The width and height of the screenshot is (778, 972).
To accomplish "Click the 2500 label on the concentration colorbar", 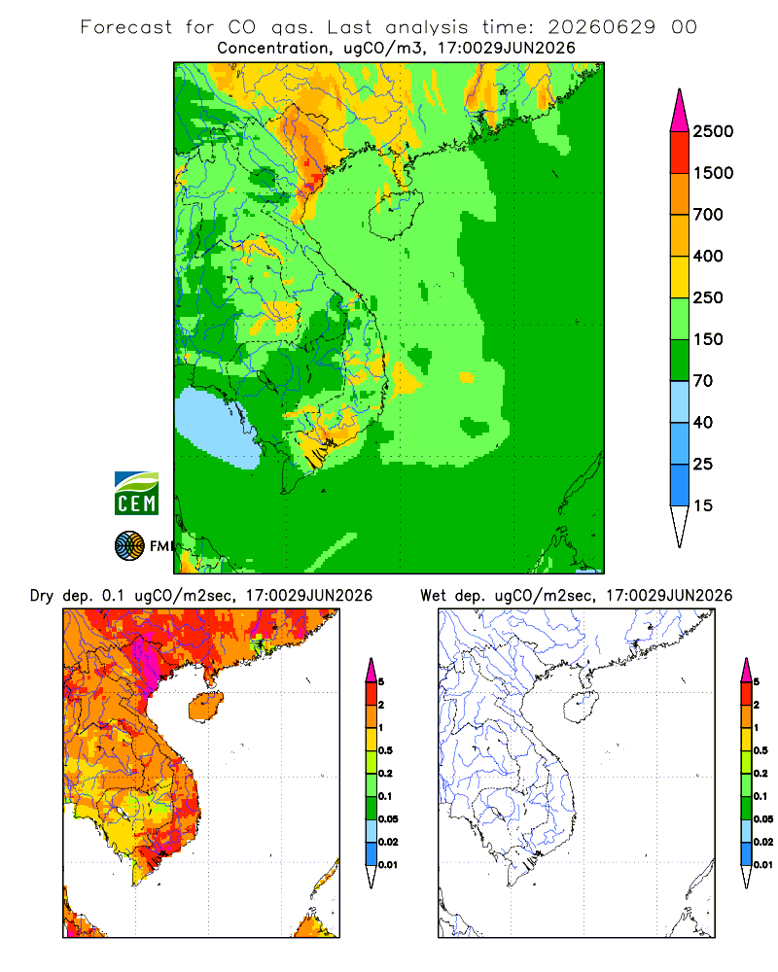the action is pos(713,131).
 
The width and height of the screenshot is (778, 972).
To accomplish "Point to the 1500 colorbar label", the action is pos(713,173).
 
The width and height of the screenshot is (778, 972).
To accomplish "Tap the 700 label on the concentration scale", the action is pos(708,215).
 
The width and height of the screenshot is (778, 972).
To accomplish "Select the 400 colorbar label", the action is pos(708,256).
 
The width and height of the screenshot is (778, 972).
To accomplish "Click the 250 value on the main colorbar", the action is pos(708,297).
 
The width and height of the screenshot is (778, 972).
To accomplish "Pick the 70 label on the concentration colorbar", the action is pos(703,381).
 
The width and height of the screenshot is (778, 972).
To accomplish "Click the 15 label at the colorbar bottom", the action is pos(703,505).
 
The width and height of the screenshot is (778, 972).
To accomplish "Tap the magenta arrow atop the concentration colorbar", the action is pos(680,112).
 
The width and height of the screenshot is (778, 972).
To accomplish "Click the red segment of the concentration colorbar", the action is pos(680,153).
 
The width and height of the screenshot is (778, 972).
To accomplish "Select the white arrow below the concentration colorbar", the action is pos(680,524).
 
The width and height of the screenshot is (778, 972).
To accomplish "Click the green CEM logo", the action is pos(136,494).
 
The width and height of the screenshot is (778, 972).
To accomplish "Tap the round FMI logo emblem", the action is pos(129,546).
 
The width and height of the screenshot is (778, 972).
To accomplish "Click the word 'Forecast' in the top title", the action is pos(126,27).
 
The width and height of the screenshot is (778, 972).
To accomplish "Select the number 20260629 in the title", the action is pos(601,27).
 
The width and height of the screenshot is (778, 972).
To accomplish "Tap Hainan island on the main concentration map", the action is pos(395,215).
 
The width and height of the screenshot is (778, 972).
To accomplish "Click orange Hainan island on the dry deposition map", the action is pos(206,706).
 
